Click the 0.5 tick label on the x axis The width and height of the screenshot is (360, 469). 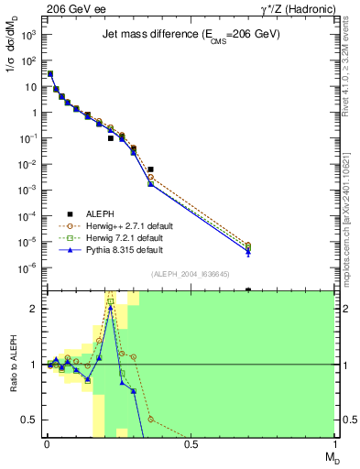click(191, 444)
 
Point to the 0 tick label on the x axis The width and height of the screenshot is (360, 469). click(47, 444)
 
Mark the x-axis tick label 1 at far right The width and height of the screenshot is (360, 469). click(334, 444)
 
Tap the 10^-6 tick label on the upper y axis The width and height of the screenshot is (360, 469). click(28, 268)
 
